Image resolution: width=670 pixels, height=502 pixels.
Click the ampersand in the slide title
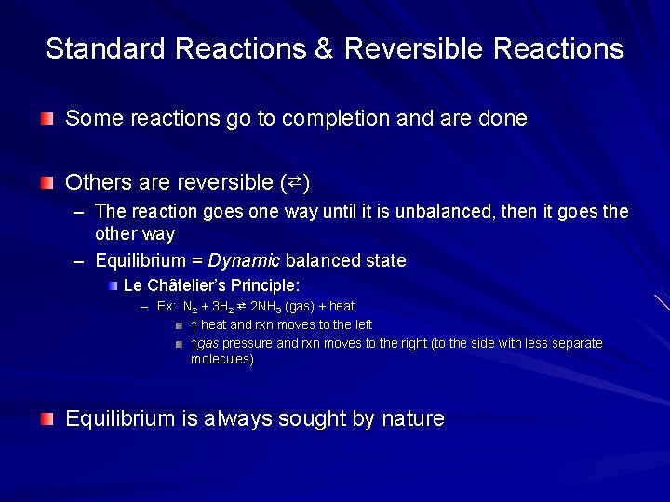(x=324, y=49)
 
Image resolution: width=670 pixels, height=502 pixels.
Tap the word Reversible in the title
(x=412, y=49)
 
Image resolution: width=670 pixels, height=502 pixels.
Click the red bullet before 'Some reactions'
(x=47, y=119)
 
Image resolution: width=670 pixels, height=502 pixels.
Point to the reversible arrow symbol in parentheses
(x=294, y=180)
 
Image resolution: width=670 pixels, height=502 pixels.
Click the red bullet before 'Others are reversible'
(x=47, y=181)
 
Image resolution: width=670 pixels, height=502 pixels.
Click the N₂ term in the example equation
(x=189, y=307)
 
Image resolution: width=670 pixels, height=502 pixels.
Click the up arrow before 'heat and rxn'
(x=194, y=325)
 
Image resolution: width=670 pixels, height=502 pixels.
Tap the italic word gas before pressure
(x=208, y=344)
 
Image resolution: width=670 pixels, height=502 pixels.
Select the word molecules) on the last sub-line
(x=221, y=359)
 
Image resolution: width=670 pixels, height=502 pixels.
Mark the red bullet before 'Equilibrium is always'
(x=47, y=419)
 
